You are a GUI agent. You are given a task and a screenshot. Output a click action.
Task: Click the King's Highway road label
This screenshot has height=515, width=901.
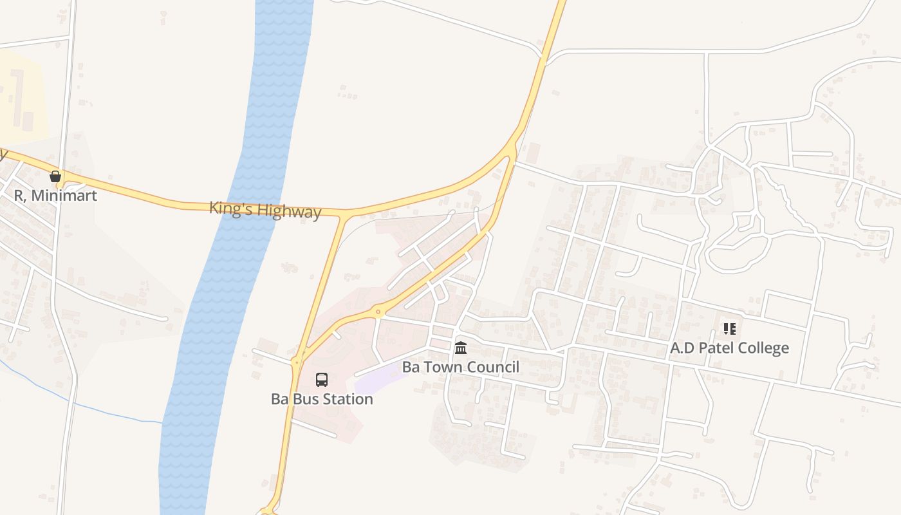(x=265, y=210)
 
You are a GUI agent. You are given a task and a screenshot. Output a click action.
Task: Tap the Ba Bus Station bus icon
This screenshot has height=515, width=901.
(x=322, y=380)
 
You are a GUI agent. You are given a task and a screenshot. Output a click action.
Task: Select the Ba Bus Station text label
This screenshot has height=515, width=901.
(x=322, y=399)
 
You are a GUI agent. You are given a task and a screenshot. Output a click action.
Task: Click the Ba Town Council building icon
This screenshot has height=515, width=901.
(x=461, y=348)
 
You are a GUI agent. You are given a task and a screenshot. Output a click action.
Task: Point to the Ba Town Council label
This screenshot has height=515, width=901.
(x=461, y=367)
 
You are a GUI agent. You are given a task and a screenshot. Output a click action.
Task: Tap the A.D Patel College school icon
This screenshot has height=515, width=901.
(x=730, y=329)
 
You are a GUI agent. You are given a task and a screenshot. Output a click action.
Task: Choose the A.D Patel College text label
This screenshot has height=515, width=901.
(x=730, y=348)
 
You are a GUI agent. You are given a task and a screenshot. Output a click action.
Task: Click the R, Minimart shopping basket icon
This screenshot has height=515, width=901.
(x=55, y=176)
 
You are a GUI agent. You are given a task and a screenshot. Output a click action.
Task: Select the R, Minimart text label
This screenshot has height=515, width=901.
(x=55, y=195)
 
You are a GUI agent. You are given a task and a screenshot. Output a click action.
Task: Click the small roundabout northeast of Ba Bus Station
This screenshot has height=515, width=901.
(x=378, y=313)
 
